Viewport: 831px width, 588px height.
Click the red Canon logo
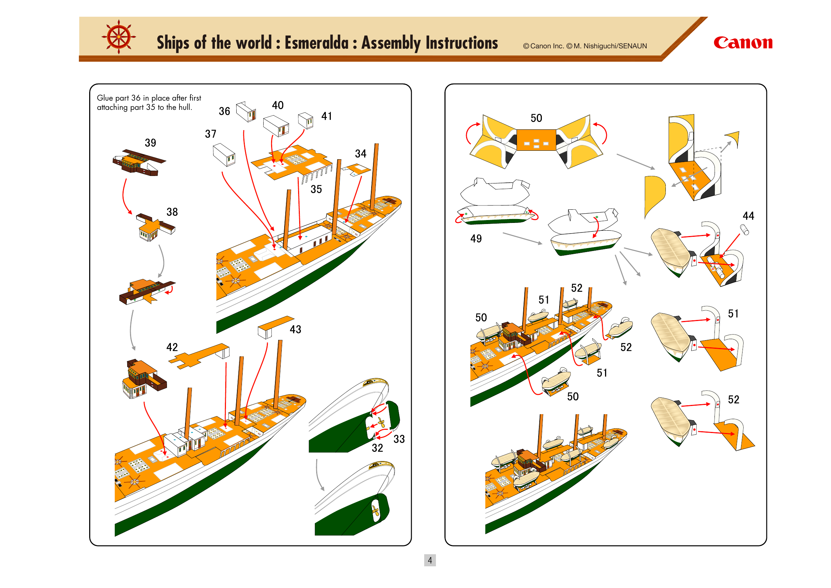tap(743, 43)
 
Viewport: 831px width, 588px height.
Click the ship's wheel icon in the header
tap(119, 37)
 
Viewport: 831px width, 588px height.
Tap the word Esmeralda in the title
tap(316, 43)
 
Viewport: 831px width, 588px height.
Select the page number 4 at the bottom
tap(430, 560)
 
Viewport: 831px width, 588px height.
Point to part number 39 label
tap(150, 143)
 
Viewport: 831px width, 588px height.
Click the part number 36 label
tap(225, 111)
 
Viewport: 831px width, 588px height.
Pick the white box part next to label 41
tap(306, 120)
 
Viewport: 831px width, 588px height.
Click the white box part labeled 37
tap(225, 155)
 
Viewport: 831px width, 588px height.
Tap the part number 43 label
tap(295, 329)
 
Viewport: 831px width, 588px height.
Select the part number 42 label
tap(172, 347)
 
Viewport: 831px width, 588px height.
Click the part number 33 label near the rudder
tap(399, 439)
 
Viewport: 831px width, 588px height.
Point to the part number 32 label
tap(377, 448)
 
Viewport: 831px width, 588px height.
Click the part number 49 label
tap(476, 238)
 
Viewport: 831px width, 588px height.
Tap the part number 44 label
tap(748, 216)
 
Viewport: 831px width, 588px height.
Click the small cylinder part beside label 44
tap(744, 230)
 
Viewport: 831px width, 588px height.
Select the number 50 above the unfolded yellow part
tap(536, 118)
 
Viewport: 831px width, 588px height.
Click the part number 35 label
tap(316, 189)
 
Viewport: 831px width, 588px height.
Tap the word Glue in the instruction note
tap(104, 98)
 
